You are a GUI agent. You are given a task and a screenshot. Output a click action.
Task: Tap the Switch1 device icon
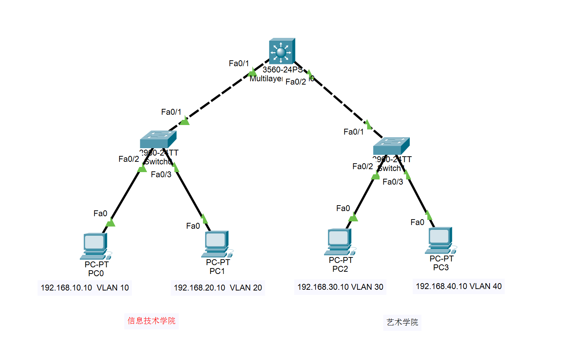(391, 146)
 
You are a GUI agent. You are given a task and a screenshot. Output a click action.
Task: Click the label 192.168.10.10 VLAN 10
(85, 288)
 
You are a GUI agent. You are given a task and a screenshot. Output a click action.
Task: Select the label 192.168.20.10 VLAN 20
(218, 288)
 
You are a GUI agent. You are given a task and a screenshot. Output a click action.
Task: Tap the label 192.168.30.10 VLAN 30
(340, 287)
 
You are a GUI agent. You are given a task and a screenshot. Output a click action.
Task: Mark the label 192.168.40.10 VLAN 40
(459, 286)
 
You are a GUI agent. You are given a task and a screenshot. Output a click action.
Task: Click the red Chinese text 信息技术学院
(152, 321)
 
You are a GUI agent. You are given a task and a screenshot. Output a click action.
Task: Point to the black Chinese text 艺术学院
(402, 322)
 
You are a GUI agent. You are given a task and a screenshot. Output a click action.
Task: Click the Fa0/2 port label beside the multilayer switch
(295, 82)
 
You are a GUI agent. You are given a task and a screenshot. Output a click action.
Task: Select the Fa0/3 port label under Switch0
(161, 174)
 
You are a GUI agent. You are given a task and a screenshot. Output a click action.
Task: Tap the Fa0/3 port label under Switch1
(393, 182)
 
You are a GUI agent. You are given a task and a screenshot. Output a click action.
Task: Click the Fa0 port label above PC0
(100, 213)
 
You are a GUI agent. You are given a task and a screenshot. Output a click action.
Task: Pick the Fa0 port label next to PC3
(417, 222)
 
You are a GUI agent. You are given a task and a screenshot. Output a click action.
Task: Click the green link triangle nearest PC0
(110, 222)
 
